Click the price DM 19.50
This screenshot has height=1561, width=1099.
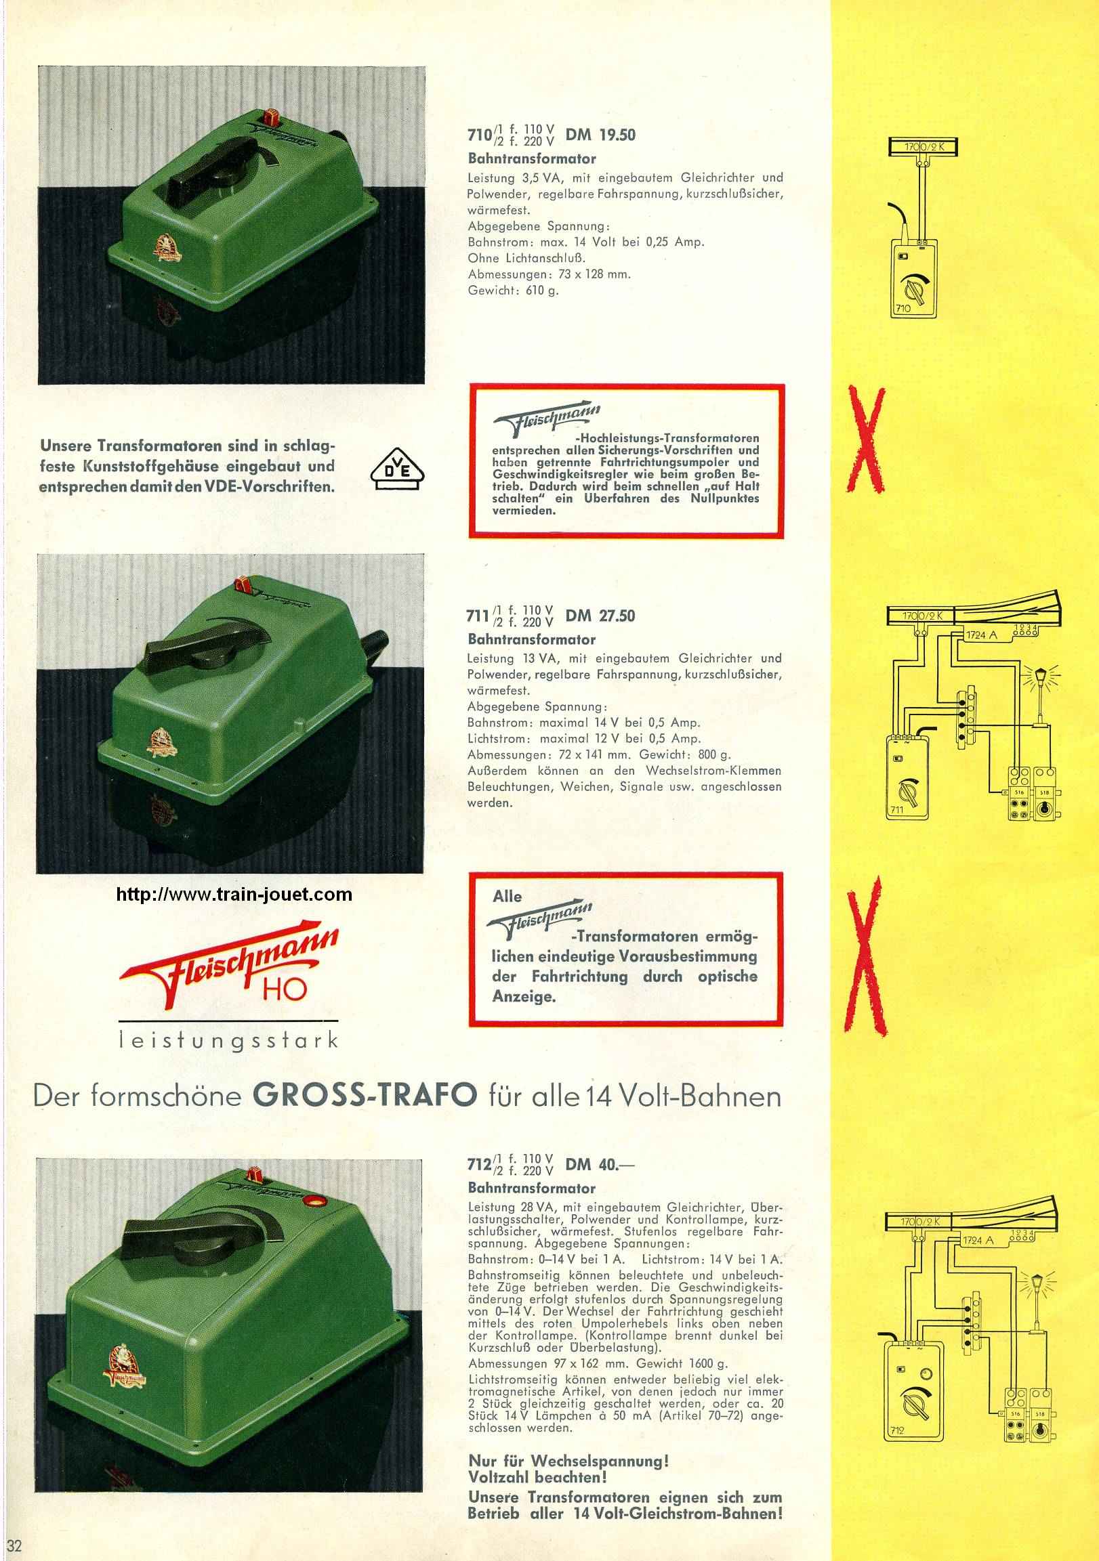[600, 135]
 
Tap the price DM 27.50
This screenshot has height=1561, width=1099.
[600, 616]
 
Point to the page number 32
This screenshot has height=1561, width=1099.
[14, 1545]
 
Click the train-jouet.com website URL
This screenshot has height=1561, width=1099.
[234, 895]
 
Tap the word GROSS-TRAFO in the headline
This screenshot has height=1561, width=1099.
[365, 1096]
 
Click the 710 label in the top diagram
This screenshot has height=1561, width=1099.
[903, 308]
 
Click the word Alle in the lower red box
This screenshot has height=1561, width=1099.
[507, 896]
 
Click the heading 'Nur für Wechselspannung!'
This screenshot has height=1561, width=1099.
[568, 1460]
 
